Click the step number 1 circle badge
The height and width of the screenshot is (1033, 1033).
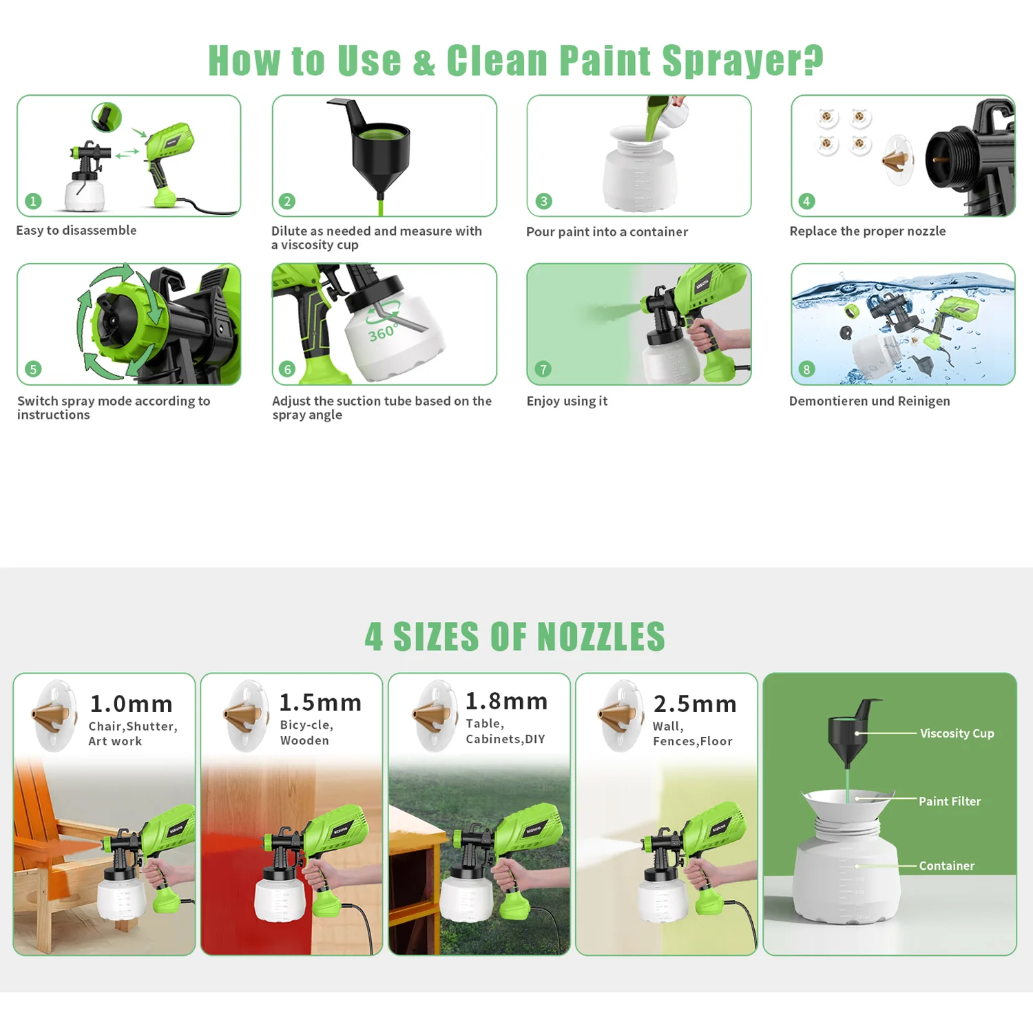pyautogui.click(x=33, y=201)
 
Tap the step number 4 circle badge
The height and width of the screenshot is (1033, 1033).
pyautogui.click(x=806, y=201)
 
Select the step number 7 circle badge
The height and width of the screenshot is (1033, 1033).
pyautogui.click(x=543, y=369)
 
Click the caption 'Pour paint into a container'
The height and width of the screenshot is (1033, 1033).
pyautogui.click(x=607, y=232)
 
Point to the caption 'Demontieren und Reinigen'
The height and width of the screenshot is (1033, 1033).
pyautogui.click(x=869, y=401)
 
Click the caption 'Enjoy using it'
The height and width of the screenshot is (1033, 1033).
pyautogui.click(x=567, y=401)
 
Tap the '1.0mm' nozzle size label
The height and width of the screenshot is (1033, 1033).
pyautogui.click(x=132, y=704)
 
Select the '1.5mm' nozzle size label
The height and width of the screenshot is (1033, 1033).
pyautogui.click(x=320, y=702)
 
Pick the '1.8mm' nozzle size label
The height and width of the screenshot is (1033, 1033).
pyautogui.click(x=507, y=701)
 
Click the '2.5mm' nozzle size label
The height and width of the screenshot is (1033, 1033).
pyautogui.click(x=695, y=704)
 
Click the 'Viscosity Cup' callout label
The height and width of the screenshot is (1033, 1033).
pyautogui.click(x=957, y=733)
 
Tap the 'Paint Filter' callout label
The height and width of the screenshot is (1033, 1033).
pyautogui.click(x=950, y=801)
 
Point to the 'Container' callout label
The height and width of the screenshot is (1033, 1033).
pyautogui.click(x=946, y=866)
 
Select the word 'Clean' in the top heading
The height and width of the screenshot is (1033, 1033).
pyautogui.click(x=497, y=61)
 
